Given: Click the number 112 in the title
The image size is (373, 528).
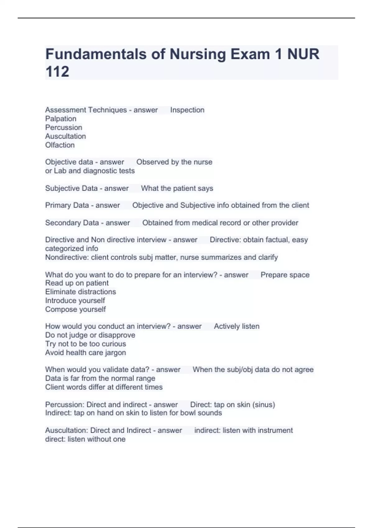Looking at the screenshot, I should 57,71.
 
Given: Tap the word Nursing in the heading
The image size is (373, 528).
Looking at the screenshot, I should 198,54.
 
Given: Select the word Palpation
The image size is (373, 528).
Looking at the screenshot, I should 61,119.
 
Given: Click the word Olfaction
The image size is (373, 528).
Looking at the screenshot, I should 60,145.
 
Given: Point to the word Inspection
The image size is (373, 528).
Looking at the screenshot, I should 187,110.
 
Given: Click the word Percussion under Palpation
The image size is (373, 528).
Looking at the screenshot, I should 64,127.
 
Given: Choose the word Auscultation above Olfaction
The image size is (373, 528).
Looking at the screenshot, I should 66,136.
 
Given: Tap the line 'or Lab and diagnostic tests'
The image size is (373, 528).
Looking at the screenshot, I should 90,171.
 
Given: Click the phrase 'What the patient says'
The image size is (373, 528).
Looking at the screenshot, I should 177,188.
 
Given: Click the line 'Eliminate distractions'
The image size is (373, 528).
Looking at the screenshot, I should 81,292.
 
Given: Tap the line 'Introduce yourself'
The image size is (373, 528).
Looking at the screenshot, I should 75,301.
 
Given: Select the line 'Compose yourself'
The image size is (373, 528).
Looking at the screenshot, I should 76,309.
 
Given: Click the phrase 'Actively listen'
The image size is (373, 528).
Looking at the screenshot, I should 237,326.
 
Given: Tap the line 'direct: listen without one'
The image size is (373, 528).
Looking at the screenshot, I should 85,439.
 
